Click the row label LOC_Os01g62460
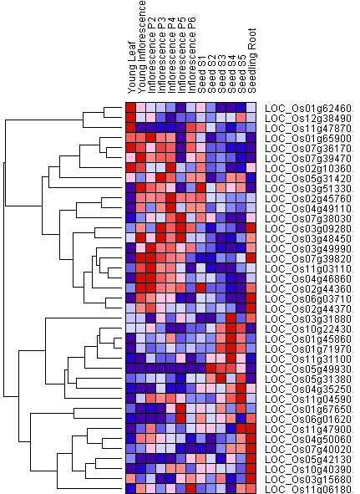tap(308, 109)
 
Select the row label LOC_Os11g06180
tap(308, 489)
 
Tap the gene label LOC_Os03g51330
tap(308, 188)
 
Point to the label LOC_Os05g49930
tap(308, 369)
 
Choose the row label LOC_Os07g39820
tap(308, 258)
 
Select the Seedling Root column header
tap(252, 60)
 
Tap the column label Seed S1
tap(201, 74)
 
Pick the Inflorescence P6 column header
tap(191, 55)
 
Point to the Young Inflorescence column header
tap(142, 47)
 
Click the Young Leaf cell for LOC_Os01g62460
tap(130, 108)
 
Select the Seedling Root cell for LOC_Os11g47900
tap(251, 429)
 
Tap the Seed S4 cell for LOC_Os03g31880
tap(231, 318)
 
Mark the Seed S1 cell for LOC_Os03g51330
tap(201, 188)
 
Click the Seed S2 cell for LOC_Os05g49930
tap(211, 369)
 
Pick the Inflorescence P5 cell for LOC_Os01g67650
tap(181, 409)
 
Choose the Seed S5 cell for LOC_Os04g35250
tap(241, 389)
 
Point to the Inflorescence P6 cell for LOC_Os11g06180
tap(191, 489)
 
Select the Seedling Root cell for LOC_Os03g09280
tap(251, 228)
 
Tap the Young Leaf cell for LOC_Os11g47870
tap(130, 128)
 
